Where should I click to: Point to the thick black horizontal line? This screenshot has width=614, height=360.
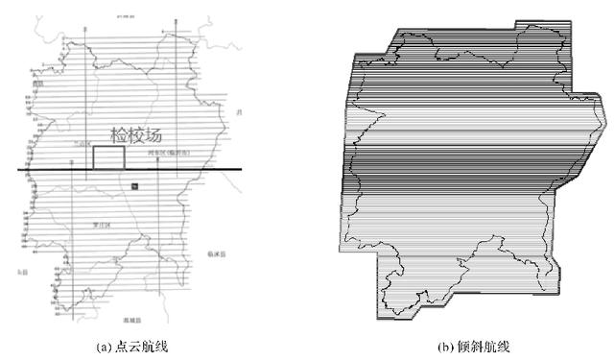(x=58, y=171)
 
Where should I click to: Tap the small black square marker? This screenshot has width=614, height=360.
(x=135, y=184)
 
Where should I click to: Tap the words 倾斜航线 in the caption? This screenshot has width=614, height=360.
(x=477, y=346)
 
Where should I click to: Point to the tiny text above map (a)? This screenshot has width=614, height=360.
(x=125, y=16)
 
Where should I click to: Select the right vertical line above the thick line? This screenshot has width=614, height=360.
(x=173, y=96)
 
